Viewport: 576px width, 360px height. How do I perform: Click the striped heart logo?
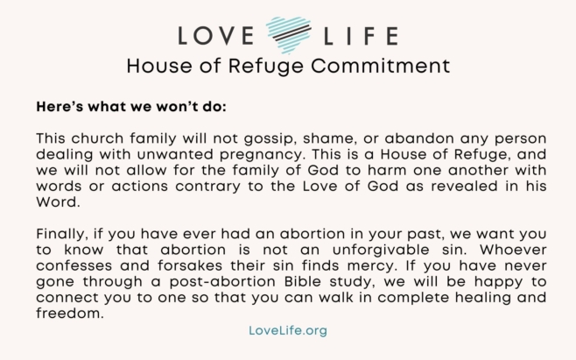289,35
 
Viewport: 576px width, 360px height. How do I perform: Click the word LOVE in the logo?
216,36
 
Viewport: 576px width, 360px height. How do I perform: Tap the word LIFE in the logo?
361,36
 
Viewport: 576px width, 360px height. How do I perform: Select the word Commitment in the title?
380,67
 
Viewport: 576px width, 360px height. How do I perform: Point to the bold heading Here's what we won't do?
131,107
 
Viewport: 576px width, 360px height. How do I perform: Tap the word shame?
330,138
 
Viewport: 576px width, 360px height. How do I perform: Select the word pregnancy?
263,155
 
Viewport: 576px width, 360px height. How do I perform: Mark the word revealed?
465,186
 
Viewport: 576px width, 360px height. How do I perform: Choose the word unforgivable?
381,250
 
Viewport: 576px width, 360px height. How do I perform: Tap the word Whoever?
513,250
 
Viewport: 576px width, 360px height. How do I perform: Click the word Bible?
303,281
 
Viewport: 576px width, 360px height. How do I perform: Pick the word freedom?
70,314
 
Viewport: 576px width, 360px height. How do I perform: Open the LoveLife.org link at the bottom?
288,330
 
